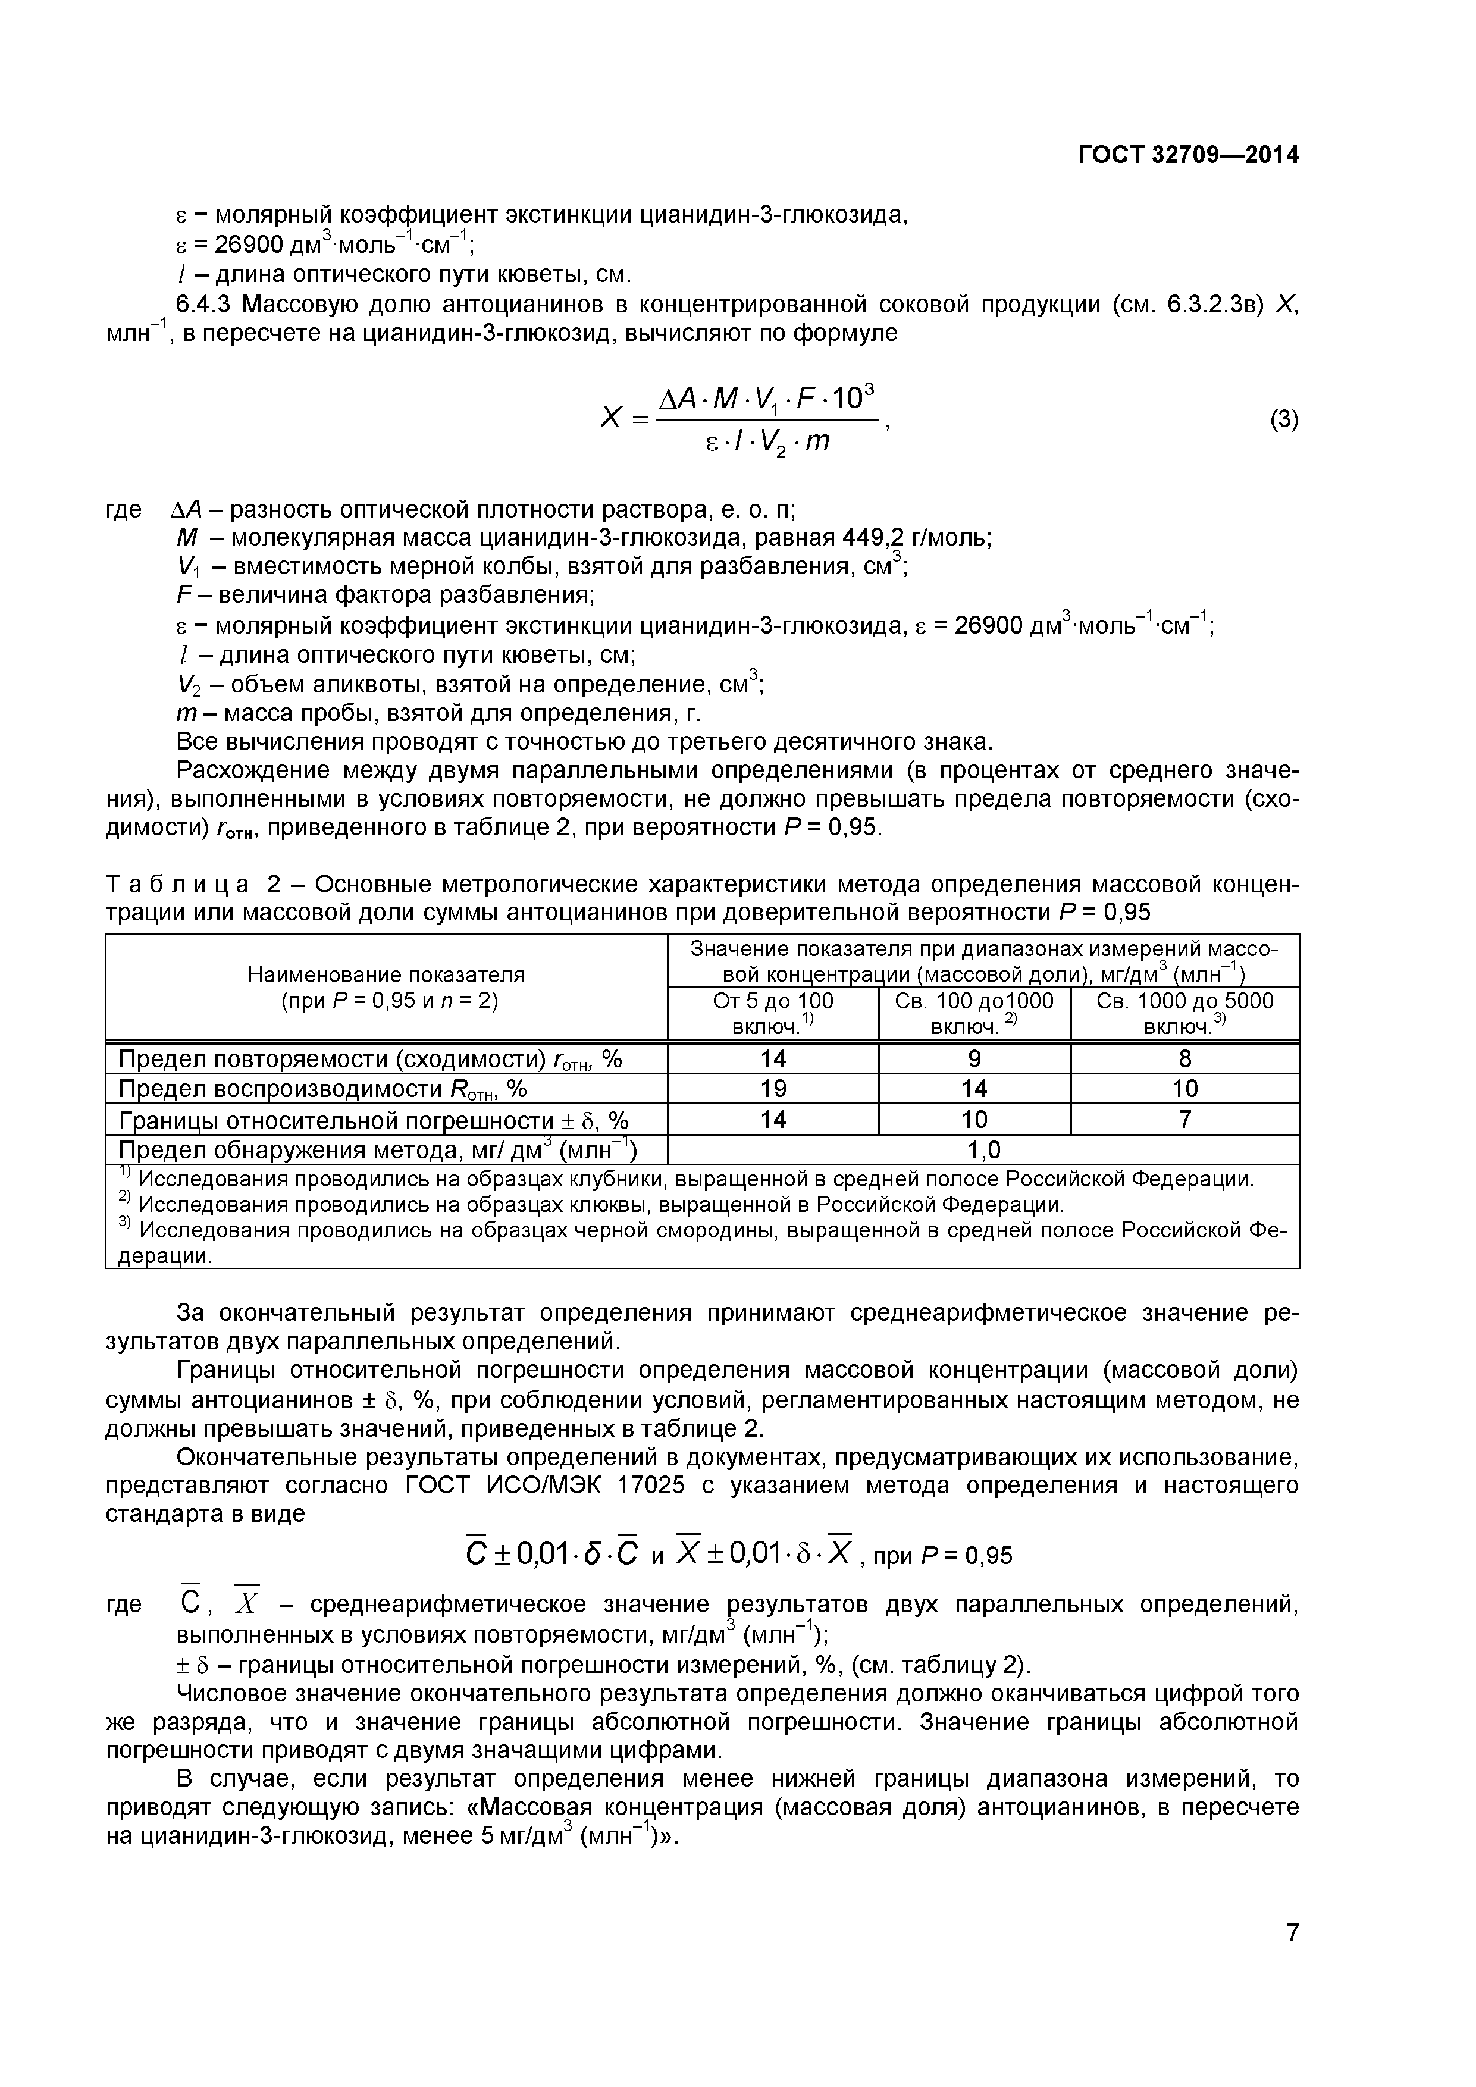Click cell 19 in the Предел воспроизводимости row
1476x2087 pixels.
click(x=773, y=1089)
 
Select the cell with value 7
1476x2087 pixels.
click(x=1184, y=1120)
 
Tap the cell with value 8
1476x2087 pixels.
click(x=1184, y=1059)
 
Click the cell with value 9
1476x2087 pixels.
click(x=974, y=1059)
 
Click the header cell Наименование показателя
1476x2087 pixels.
click(x=386, y=975)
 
